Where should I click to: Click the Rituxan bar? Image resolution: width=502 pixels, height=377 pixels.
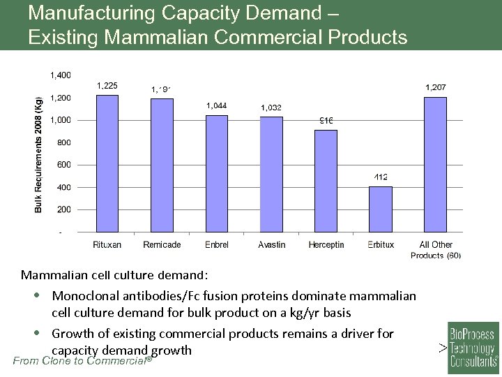(x=107, y=163)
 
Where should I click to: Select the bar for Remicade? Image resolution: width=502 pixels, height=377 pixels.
(x=162, y=165)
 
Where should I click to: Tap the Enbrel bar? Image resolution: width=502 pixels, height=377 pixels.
(x=216, y=173)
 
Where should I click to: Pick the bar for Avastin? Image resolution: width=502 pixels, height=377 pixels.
(x=271, y=174)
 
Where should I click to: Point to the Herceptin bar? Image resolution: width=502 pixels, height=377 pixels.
(x=326, y=181)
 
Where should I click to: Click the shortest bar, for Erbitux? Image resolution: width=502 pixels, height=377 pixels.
(x=381, y=209)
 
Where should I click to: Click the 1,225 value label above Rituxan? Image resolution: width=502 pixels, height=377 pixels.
(x=107, y=86)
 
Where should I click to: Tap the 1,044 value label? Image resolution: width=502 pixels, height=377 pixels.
(x=216, y=105)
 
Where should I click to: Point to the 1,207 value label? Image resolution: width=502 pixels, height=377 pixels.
(x=436, y=87)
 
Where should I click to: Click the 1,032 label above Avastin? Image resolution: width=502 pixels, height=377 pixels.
(x=271, y=108)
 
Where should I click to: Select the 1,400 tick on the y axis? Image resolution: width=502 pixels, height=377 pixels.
(x=60, y=75)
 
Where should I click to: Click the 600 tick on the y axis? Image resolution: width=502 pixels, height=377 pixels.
(x=63, y=165)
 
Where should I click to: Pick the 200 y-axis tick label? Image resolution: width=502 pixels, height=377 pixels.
(x=63, y=209)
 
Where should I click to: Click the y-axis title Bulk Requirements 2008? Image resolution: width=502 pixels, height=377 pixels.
(x=39, y=154)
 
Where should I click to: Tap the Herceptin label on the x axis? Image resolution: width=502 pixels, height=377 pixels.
(x=326, y=245)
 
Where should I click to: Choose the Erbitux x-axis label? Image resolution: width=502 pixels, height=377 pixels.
(x=381, y=245)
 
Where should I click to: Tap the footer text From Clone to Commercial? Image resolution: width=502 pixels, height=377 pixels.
(x=82, y=361)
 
